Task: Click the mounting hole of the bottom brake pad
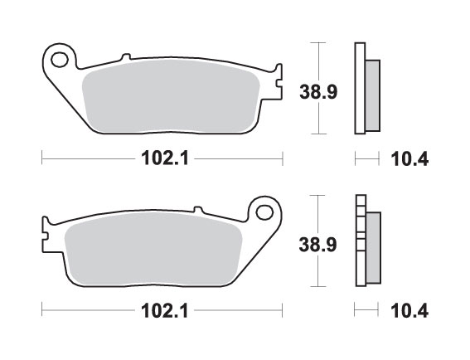[265, 209]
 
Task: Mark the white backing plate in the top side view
[360, 87]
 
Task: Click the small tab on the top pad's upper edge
[125, 58]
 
